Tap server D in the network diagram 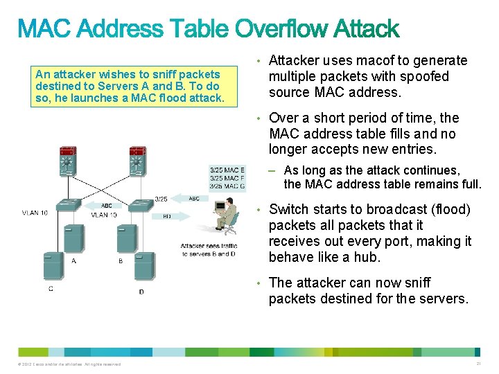coord(143,267)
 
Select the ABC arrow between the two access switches coord(107,206)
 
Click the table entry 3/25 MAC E coord(227,170)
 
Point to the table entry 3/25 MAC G coord(227,186)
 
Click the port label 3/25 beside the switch coord(161,199)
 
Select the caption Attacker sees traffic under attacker coord(209,246)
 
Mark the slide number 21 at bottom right coord(479,364)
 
